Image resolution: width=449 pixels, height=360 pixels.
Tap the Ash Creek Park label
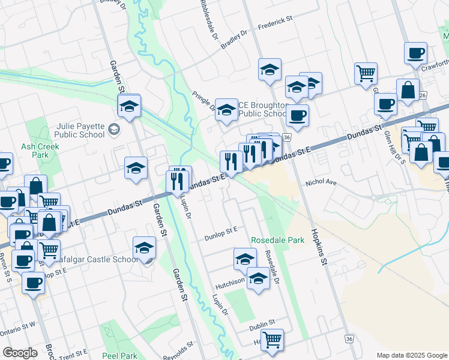pos(34,150)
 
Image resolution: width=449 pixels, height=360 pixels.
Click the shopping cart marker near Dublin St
pos(273,340)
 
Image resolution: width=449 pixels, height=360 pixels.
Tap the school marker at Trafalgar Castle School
pos(145,248)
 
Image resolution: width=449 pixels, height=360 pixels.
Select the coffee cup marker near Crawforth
pos(415,53)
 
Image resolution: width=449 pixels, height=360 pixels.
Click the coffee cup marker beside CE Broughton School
pos(297,114)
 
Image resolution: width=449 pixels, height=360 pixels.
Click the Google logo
pos(20,353)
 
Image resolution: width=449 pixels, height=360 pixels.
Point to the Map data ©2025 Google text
pos(412,355)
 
